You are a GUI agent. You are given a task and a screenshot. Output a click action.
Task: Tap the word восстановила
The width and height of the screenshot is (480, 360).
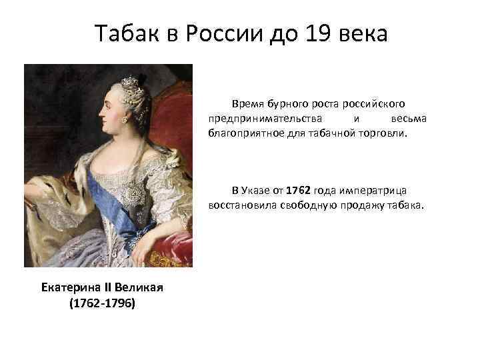[x=239, y=205]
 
